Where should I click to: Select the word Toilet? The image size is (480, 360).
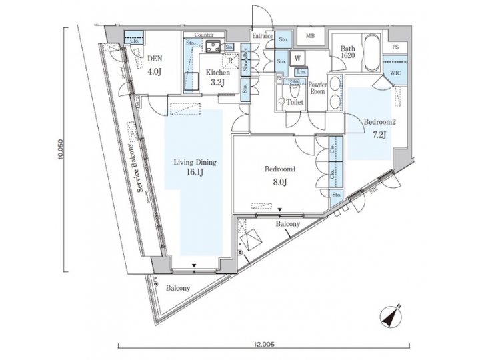(295, 103)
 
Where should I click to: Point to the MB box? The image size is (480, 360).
(310, 36)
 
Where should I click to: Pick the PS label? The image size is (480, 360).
(395, 47)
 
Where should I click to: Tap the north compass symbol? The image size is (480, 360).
(389, 316)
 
